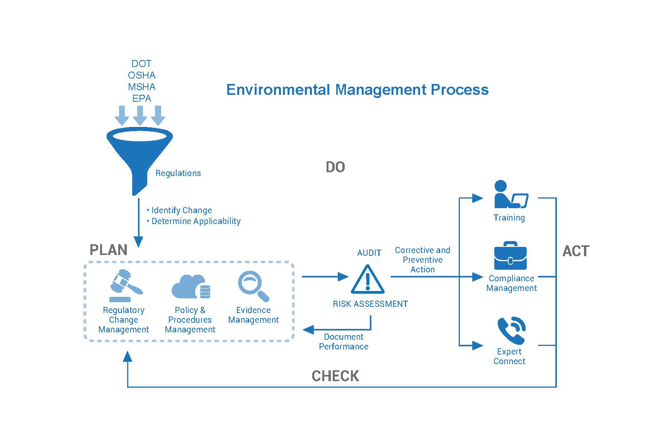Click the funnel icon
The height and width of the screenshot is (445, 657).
(x=140, y=155)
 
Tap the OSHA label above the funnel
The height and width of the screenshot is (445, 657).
(x=141, y=75)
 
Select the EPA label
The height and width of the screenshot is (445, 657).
(x=141, y=98)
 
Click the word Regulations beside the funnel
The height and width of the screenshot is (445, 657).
(x=178, y=173)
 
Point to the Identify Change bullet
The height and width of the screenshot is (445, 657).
(x=181, y=210)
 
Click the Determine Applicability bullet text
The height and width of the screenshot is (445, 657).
(x=196, y=221)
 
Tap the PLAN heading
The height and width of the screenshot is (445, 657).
(x=109, y=250)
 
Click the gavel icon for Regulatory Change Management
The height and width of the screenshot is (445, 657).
(x=125, y=286)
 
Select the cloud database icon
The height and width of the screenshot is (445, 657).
(x=190, y=287)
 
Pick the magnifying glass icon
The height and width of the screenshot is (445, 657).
(x=253, y=286)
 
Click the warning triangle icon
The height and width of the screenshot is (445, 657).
(x=368, y=279)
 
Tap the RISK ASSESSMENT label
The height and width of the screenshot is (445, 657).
(x=370, y=304)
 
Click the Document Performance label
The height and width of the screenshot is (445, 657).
(x=344, y=341)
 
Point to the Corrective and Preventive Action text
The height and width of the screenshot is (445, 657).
(x=422, y=260)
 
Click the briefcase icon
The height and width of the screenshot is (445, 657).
(x=510, y=256)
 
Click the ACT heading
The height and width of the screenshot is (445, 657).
(x=575, y=251)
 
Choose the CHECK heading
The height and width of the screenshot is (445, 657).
(x=335, y=376)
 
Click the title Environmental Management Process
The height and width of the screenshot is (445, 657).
(x=357, y=90)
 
